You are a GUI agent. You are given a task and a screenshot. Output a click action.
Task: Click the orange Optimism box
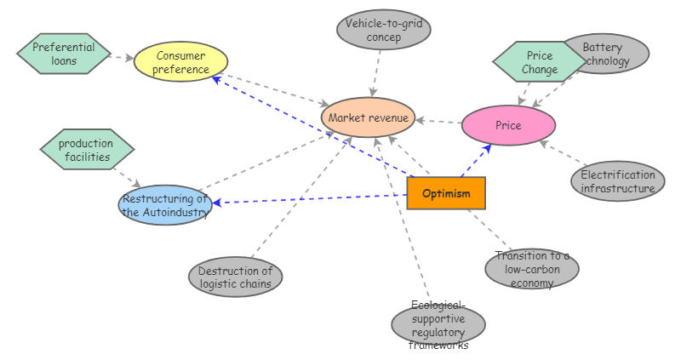[x=446, y=193]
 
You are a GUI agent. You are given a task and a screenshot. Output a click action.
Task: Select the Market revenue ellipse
[x=368, y=117]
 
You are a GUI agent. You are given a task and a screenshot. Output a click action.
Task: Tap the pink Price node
[x=508, y=126]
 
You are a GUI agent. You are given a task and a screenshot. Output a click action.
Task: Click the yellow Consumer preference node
[x=181, y=62]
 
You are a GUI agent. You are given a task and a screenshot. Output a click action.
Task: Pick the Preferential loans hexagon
[x=64, y=54]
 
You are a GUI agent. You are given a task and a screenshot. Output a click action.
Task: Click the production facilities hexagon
[x=86, y=150]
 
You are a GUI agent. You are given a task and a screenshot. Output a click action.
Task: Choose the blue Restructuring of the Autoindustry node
[x=165, y=205]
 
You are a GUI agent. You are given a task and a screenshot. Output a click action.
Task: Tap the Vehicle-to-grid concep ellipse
[x=383, y=30]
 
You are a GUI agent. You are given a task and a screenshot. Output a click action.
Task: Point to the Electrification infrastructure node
[x=618, y=181]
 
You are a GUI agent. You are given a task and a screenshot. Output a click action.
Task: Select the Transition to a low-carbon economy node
[x=532, y=269]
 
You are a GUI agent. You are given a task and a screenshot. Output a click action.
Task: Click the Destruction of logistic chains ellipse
[x=235, y=277]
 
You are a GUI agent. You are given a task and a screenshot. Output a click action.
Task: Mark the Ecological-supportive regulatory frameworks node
[x=438, y=324]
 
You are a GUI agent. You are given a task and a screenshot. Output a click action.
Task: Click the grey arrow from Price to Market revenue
[x=438, y=122]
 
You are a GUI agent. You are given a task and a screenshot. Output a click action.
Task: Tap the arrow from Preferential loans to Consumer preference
[x=123, y=58]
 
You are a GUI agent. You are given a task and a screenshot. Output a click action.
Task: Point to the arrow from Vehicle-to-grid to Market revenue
[x=375, y=73]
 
